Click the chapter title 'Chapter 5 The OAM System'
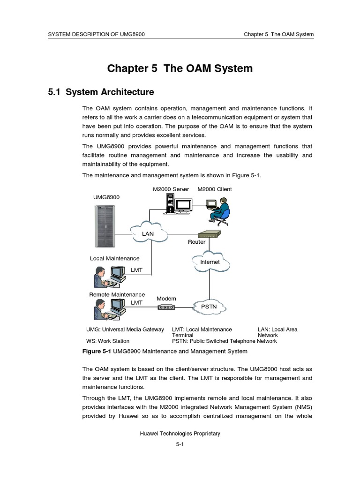pyautogui.click(x=180, y=68)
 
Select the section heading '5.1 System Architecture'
pyautogui.click(x=101, y=92)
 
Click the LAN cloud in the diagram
pyautogui.click(x=149, y=232)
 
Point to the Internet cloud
pyautogui.click(x=210, y=262)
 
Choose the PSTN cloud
pyautogui.click(x=210, y=306)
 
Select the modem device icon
pyautogui.click(x=166, y=307)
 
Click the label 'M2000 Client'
pyautogui.click(x=214, y=189)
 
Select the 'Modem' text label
pyautogui.click(x=166, y=299)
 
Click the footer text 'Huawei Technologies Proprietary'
pyautogui.click(x=180, y=434)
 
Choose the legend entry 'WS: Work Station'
pyautogui.click(x=108, y=341)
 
